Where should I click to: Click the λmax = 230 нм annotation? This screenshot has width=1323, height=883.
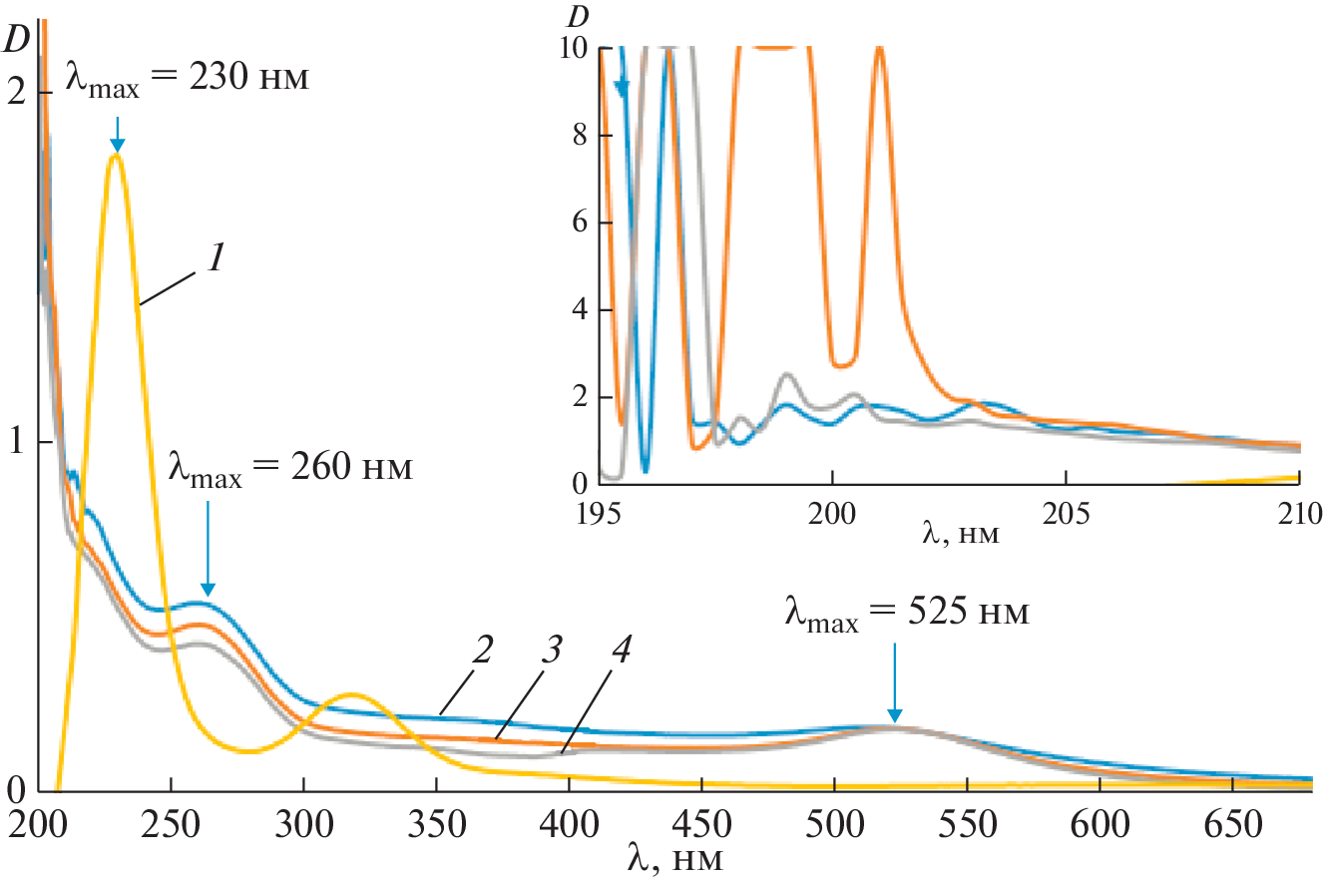pos(189,77)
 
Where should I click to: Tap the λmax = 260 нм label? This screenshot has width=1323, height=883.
pos(289,468)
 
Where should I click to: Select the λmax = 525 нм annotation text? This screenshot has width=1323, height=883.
pos(905,612)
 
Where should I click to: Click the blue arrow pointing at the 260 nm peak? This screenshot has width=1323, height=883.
pos(208,547)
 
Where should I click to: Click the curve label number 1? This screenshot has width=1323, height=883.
pos(215,258)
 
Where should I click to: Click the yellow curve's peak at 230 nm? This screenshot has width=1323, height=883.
pos(118,156)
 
